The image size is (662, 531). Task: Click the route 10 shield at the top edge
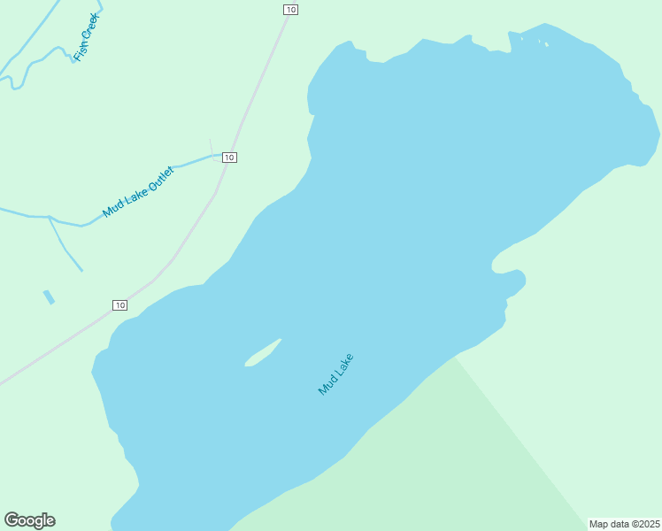coord(290,9)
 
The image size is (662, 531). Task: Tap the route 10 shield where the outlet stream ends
coord(229,158)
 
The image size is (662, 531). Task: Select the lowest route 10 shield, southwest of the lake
coord(120,305)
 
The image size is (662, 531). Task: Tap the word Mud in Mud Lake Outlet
coord(112,210)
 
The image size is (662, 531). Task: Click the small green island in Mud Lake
coord(263,353)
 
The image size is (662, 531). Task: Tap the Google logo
coord(29,520)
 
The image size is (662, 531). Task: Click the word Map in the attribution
coord(600,524)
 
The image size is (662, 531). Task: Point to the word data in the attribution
coord(621,524)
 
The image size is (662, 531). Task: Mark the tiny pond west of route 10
coord(49,297)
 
